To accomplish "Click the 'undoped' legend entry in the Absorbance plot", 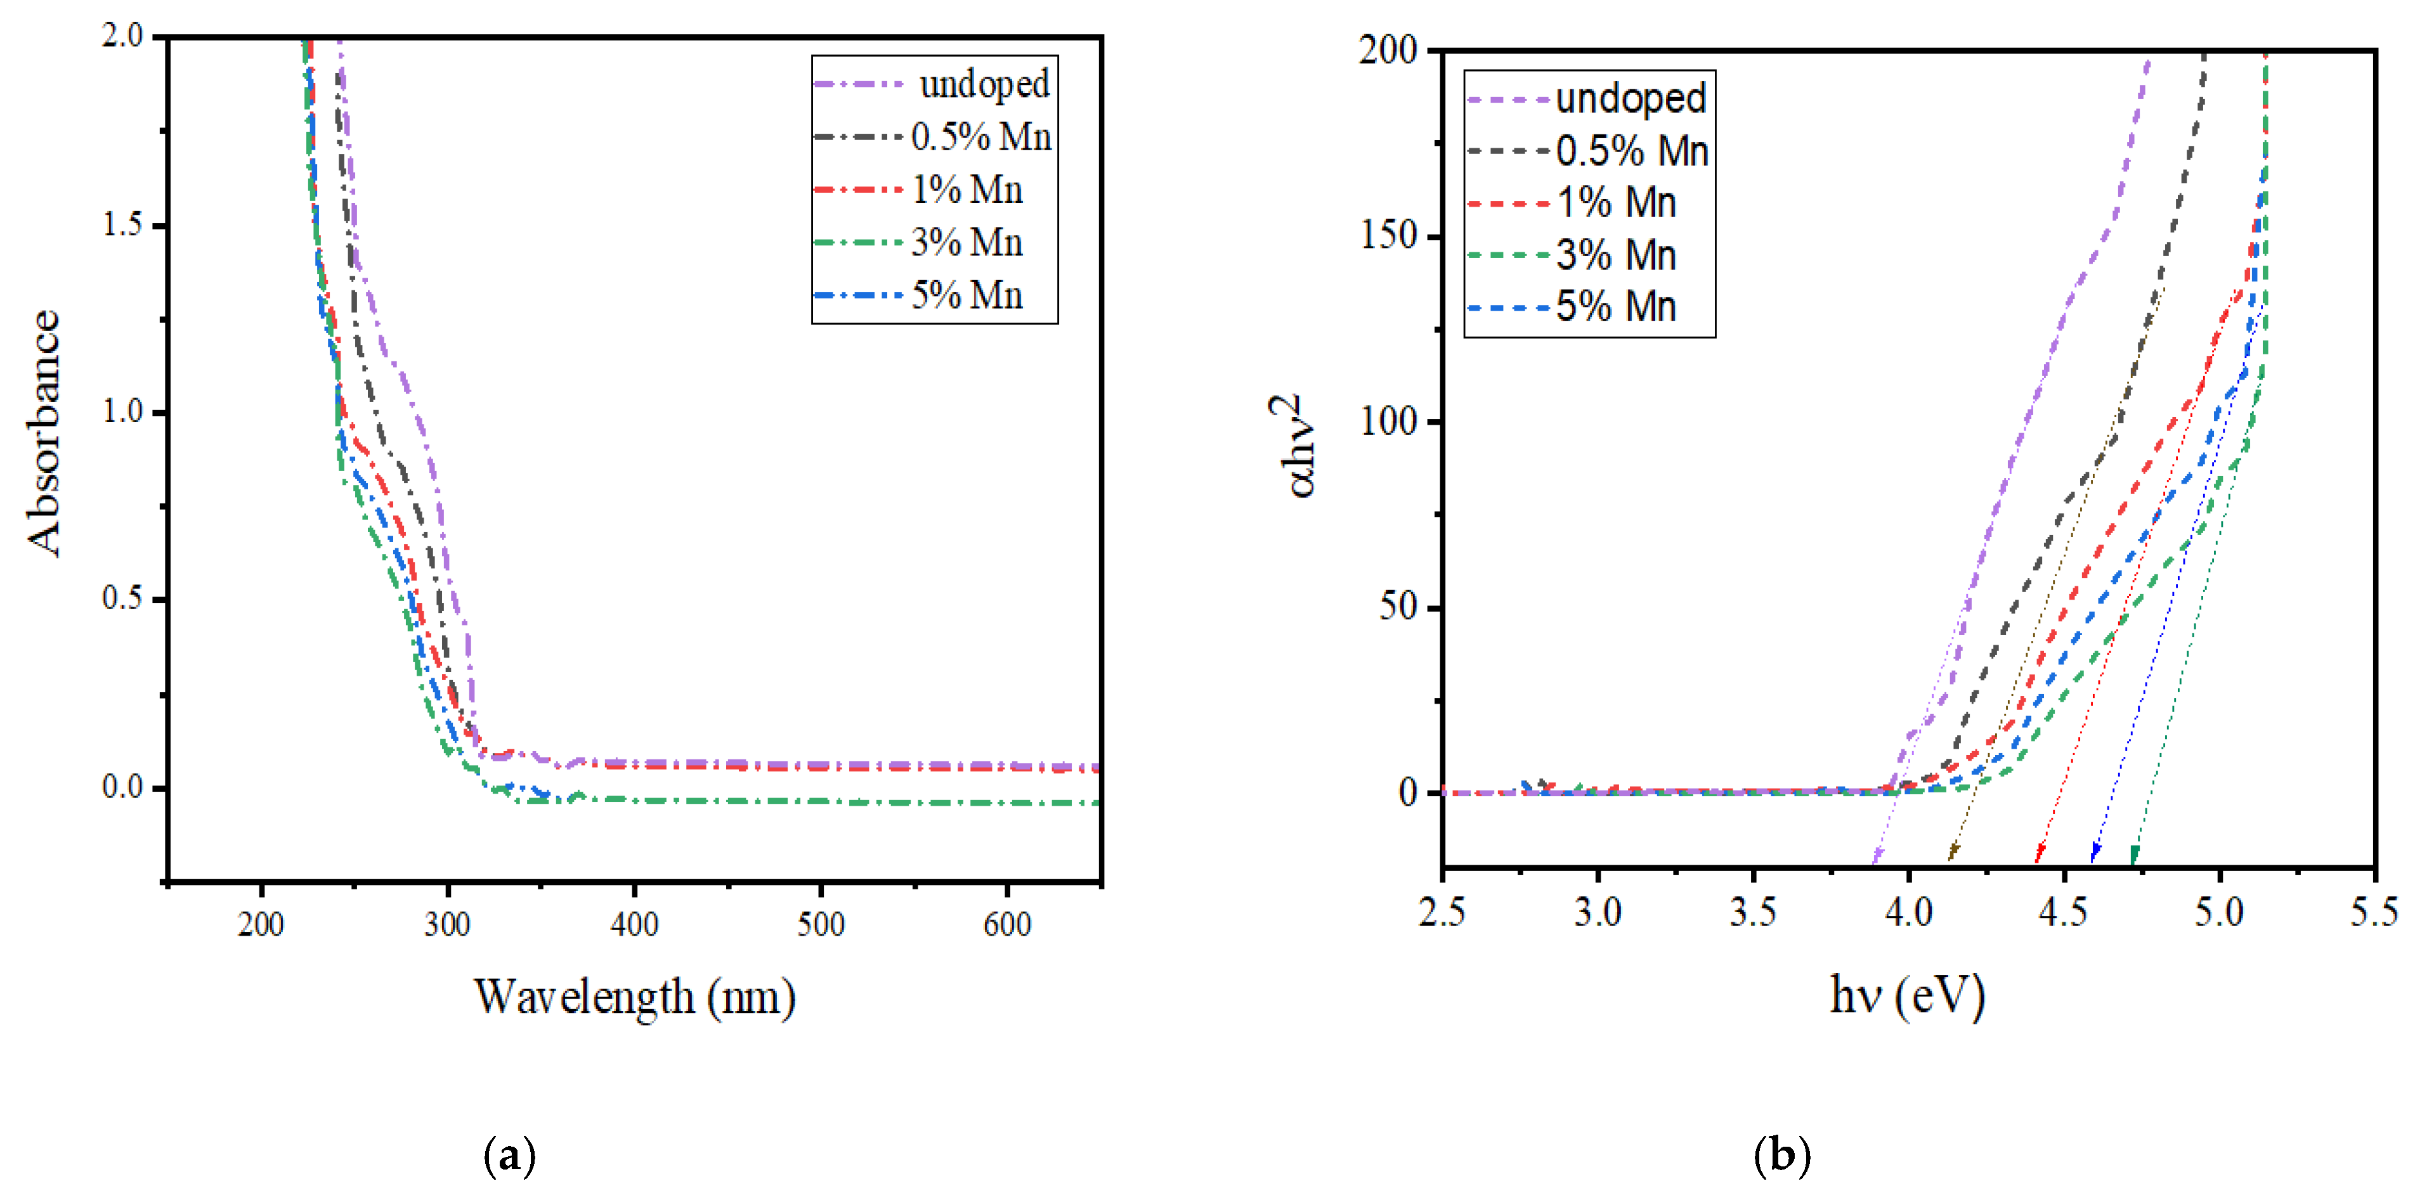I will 984,84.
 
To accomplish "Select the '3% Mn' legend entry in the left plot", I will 967,243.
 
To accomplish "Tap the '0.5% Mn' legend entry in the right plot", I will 1631,151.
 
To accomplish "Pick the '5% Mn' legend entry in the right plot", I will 1615,306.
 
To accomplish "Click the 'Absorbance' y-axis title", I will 44,432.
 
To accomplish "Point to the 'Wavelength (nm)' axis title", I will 635,996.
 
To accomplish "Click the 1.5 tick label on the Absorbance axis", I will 122,225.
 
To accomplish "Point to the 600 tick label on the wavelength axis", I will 1007,925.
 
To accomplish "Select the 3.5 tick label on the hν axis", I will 1752,912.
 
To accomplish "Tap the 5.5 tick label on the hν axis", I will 2373,912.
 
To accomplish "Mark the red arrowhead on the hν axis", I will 2039,854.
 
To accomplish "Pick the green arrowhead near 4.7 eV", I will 2135,854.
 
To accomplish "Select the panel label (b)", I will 1781,1156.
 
